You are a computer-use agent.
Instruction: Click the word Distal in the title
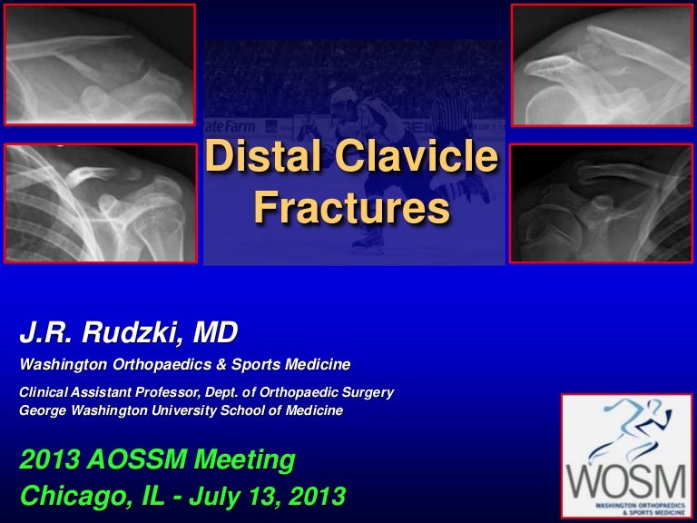[x=262, y=155]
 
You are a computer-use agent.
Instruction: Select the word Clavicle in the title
[x=417, y=155]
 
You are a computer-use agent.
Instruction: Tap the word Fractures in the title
[x=351, y=207]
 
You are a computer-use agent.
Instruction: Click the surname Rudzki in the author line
[x=132, y=331]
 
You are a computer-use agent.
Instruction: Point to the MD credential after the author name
[x=216, y=331]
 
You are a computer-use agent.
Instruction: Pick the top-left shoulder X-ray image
[x=100, y=64]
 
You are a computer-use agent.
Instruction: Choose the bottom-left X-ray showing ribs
[x=101, y=202]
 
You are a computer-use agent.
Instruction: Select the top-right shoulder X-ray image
[x=602, y=65]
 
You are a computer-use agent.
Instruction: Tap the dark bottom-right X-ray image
[x=601, y=202]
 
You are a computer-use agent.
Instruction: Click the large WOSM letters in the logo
[x=626, y=482]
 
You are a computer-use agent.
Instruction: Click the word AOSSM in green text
[x=137, y=459]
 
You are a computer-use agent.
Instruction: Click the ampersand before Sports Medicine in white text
[x=221, y=365]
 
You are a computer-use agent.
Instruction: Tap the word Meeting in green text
[x=245, y=459]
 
